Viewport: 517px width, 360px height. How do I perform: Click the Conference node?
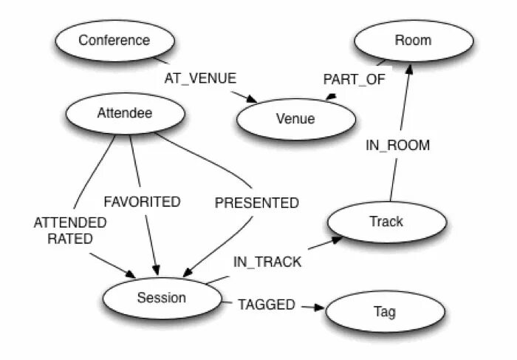[x=114, y=40]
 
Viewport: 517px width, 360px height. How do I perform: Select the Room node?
[x=413, y=40]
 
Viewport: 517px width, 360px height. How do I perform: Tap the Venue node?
[x=295, y=118]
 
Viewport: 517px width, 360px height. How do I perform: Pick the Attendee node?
[x=124, y=113]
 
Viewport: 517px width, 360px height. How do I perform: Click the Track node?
[x=386, y=221]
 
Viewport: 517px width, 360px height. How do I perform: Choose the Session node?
[x=162, y=298]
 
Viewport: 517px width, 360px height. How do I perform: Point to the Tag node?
[x=385, y=312]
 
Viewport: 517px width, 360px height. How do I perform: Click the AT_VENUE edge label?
[x=200, y=78]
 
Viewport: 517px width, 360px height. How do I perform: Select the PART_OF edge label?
[x=355, y=79]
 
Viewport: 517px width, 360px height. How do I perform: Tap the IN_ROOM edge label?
[x=397, y=145]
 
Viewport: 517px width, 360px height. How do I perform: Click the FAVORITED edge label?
[x=142, y=201]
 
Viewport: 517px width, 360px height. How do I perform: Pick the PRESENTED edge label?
[x=256, y=203]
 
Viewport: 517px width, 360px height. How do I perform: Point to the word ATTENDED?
[x=70, y=222]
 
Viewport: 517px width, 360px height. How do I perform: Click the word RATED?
[x=70, y=238]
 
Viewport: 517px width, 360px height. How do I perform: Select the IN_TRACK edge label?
[x=267, y=261]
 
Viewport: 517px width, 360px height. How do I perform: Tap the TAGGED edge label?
[x=266, y=304]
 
